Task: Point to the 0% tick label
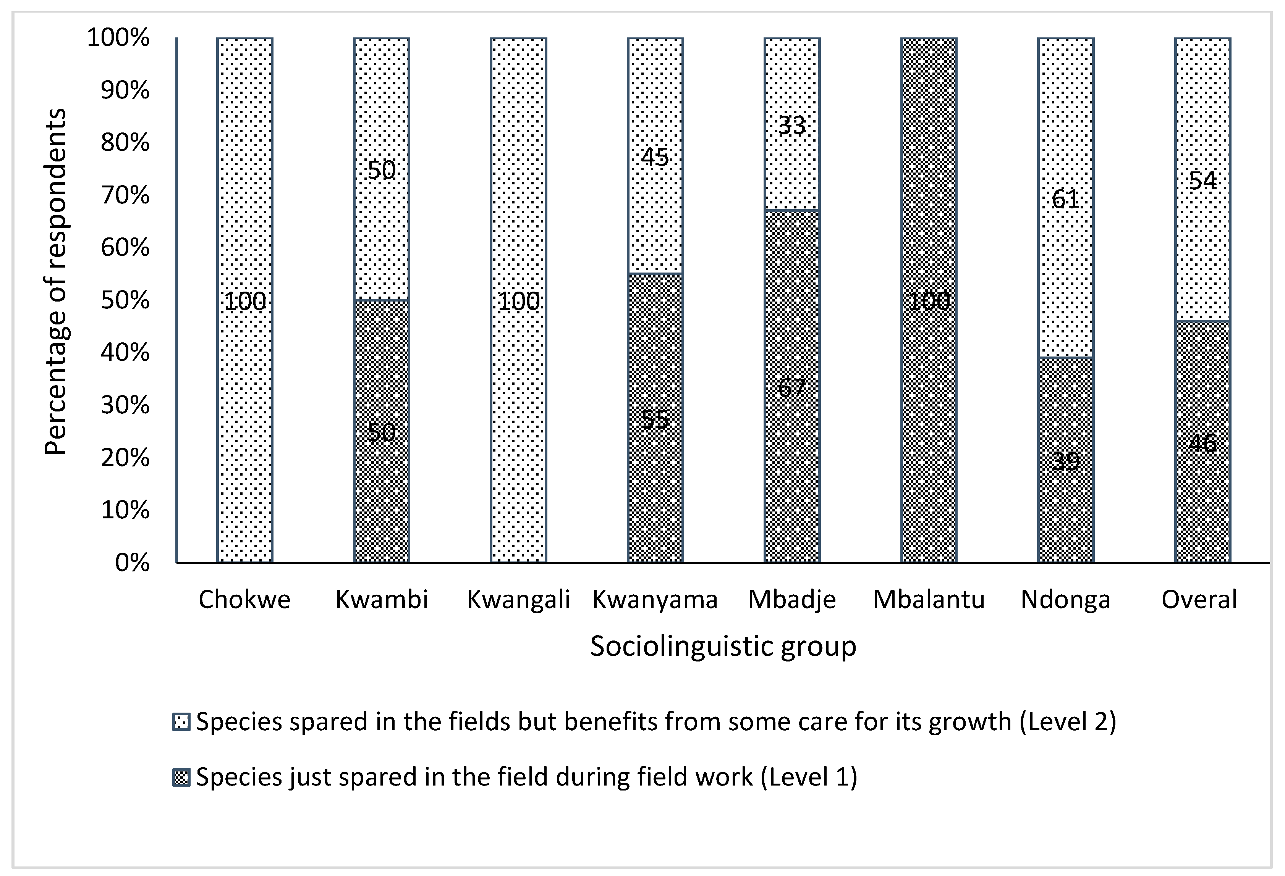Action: (132, 563)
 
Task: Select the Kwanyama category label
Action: (655, 600)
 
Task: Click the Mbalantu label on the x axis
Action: (929, 600)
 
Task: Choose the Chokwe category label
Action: (244, 600)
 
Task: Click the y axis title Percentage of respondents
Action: (55, 282)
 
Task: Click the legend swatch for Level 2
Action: (182, 722)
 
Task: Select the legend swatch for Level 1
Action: (182, 778)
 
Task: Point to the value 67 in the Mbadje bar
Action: (792, 387)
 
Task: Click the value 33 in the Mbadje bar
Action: (792, 126)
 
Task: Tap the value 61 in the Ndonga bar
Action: (1065, 199)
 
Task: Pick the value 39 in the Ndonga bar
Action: (1065, 461)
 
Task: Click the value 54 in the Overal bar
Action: (1202, 181)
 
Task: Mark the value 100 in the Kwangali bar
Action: (519, 301)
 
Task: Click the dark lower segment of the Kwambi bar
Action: (382, 497)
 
